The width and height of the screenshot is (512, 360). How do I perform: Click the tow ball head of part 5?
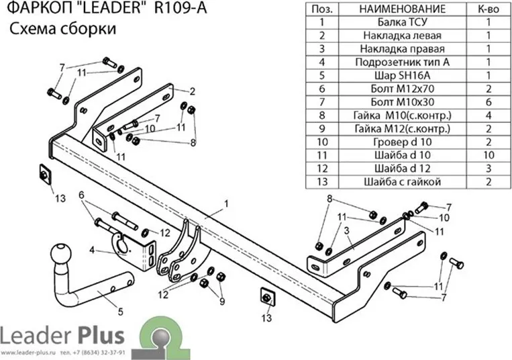coord(61,253)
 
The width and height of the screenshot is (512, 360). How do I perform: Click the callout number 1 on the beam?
coord(226,204)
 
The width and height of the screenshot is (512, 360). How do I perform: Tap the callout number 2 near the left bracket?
coord(193,91)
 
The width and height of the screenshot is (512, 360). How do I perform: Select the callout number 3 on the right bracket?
coord(346,230)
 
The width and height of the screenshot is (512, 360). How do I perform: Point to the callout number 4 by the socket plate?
coord(92,251)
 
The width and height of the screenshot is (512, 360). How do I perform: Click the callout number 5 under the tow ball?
coord(121,312)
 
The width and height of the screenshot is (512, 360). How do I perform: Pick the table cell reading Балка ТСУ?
coord(403,22)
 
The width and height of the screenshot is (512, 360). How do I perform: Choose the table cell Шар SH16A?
coord(403,75)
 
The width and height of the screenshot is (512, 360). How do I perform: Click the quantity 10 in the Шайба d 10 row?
coord(489,155)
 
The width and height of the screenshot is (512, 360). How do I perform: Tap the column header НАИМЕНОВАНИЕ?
coord(403,9)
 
